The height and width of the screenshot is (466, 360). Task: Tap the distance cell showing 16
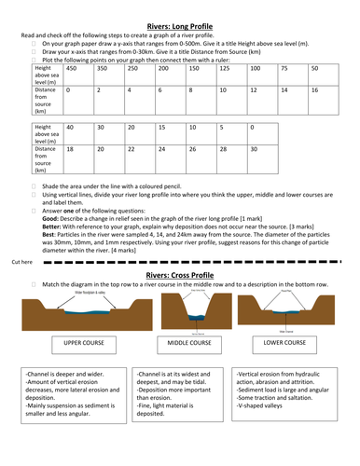(x=315, y=90)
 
